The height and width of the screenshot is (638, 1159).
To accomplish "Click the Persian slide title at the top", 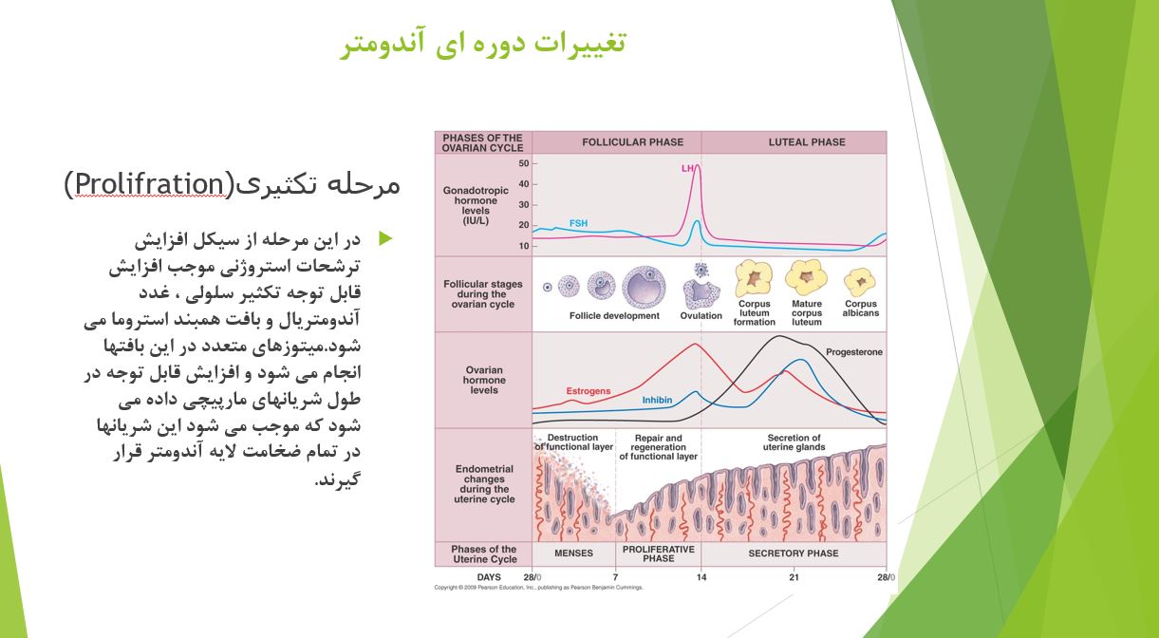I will [483, 43].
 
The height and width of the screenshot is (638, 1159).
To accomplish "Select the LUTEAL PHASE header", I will [806, 142].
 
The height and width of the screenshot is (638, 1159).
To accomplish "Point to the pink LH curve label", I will [686, 168].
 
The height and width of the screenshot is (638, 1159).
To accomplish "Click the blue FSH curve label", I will [578, 223].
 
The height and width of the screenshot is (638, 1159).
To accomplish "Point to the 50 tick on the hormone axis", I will [523, 163].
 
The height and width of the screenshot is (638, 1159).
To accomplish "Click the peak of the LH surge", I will [698, 166].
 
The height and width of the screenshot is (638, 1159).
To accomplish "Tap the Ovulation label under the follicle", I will [701, 316].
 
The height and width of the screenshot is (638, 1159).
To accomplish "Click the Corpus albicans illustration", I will [860, 282].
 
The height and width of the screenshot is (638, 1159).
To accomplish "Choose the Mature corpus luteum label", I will [807, 313].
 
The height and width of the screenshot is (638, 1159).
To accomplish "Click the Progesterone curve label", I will [853, 352].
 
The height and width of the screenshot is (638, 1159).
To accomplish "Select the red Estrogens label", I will [588, 391].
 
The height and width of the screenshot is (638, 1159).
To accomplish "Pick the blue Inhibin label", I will [656, 401].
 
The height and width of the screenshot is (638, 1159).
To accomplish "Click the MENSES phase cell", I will [573, 554].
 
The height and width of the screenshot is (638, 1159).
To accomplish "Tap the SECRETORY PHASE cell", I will [794, 554].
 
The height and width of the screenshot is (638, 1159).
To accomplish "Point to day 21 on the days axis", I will [794, 577].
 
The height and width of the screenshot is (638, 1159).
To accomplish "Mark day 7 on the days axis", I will [615, 577].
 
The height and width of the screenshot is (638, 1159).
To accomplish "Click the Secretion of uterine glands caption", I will [794, 442].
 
